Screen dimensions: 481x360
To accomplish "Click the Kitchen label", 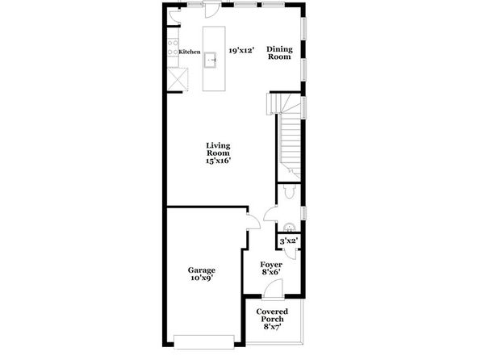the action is tap(190, 52).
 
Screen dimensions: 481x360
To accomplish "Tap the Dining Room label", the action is tap(279, 52).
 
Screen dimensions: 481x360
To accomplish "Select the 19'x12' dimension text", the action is tap(240, 50).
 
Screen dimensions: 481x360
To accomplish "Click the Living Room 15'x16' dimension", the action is tap(218, 160).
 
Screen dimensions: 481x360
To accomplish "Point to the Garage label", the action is tap(202, 270).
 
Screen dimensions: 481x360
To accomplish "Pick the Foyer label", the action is tap(271, 264).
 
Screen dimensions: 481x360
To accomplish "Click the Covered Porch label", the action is tap(272, 315).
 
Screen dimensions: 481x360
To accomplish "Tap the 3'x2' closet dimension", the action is tap(289, 241).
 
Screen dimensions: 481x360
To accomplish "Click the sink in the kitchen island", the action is tap(211, 60).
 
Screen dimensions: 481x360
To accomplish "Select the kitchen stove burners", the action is tap(173, 48).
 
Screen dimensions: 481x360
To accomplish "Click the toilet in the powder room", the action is tap(289, 191).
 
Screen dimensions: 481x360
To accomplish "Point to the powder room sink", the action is tap(289, 227).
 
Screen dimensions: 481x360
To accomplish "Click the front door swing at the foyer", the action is tap(273, 288).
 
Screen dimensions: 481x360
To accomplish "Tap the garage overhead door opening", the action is tap(204, 342).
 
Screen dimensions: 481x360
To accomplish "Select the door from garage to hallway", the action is tap(253, 221).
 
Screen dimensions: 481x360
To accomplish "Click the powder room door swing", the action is tap(270, 214).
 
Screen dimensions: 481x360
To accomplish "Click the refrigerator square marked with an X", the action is tap(178, 80).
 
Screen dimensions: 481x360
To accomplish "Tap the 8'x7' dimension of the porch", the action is tap(273, 326).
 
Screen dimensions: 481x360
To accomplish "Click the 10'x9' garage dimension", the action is tap(202, 278).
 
